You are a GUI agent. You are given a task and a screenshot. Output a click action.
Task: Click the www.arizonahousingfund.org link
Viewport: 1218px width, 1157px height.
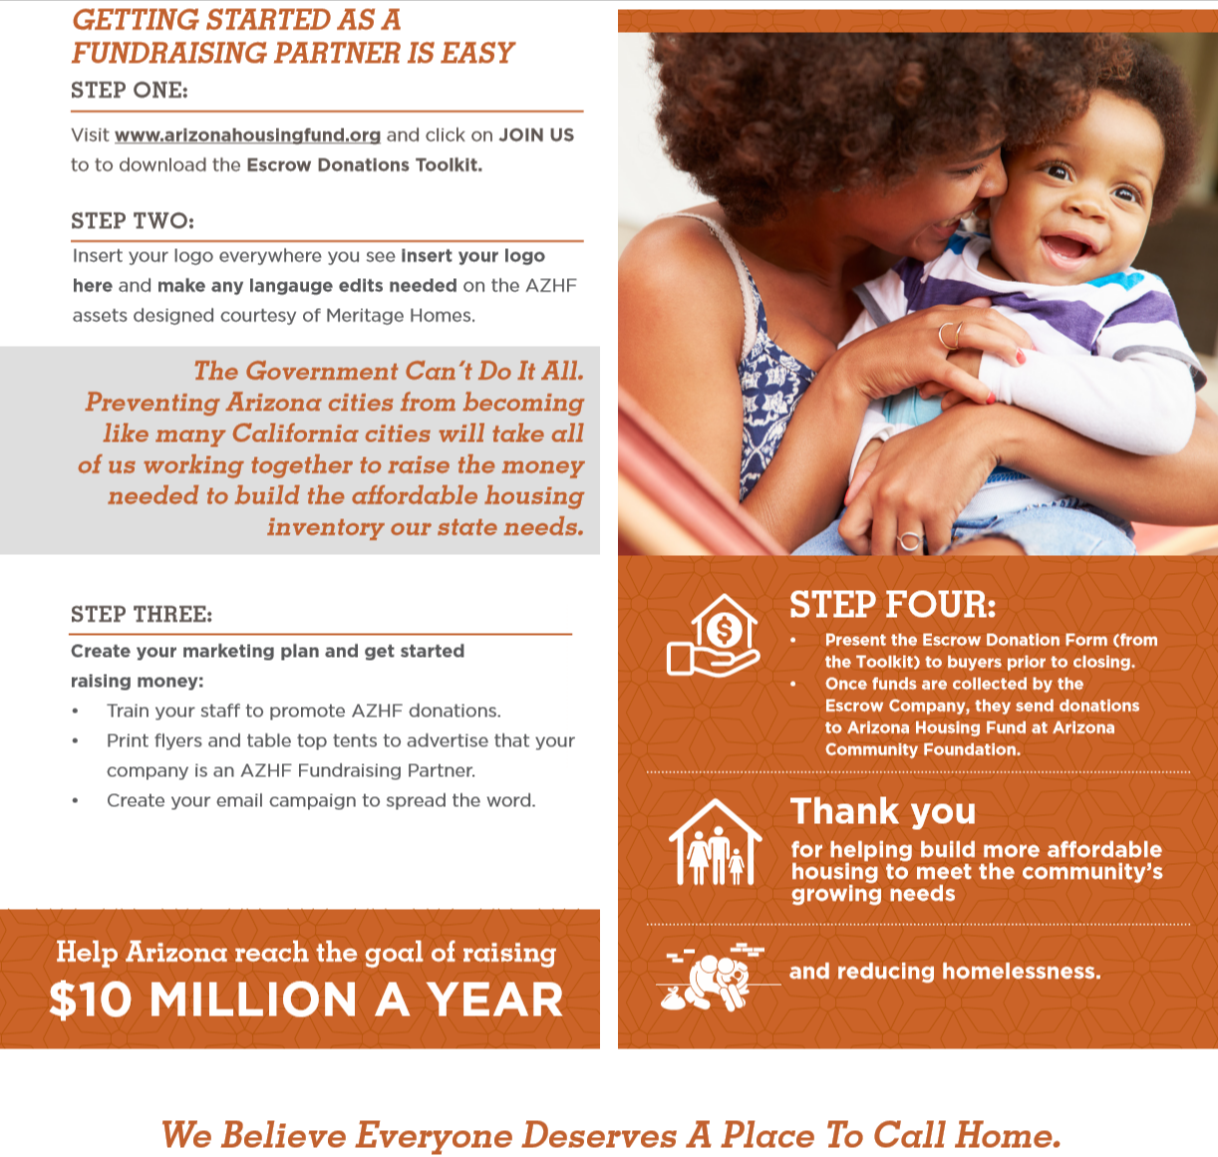(247, 136)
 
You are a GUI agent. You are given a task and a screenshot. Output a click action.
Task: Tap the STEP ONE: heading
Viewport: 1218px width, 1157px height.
(129, 91)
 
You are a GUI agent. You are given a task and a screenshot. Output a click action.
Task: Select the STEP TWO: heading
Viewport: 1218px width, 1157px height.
(133, 221)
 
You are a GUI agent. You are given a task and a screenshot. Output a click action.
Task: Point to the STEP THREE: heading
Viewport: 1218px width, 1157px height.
(142, 615)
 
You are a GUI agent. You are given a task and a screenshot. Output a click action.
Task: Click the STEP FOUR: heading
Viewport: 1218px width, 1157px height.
(892, 605)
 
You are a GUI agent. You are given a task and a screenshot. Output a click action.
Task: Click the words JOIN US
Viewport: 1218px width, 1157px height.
(536, 136)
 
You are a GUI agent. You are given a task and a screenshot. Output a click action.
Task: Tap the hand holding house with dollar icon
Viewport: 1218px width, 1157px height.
(713, 637)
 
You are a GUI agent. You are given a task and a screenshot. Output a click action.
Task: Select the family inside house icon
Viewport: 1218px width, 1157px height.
(715, 843)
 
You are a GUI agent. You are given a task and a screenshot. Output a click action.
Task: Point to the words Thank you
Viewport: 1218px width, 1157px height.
(882, 812)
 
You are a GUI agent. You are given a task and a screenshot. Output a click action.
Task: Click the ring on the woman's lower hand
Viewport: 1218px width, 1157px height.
(908, 541)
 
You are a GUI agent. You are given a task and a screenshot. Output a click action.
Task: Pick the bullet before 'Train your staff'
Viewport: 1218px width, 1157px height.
(75, 712)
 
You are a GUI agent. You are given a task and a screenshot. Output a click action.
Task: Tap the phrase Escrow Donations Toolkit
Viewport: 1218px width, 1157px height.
(364, 165)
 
